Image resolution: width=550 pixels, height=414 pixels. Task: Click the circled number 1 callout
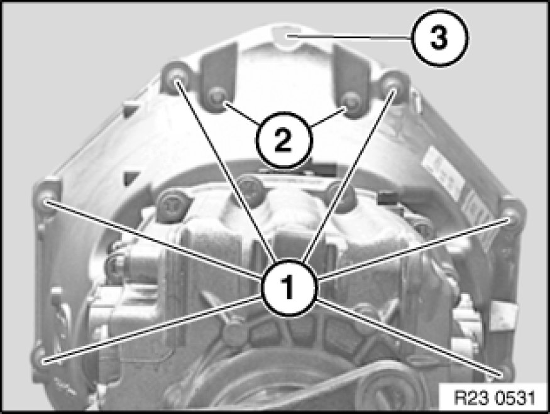pos(289,288)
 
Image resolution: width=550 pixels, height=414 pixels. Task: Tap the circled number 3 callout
pos(439,38)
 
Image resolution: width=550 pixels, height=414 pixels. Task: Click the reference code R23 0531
pos(495,398)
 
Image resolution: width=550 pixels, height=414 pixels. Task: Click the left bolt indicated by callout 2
pos(218,98)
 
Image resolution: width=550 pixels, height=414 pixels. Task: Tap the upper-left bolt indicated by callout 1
pos(176,78)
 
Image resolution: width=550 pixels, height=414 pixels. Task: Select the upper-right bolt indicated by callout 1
pos(393,87)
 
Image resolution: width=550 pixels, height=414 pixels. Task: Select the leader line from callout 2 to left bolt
pos(241,112)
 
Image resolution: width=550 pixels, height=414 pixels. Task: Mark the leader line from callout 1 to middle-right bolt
pos(414,249)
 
